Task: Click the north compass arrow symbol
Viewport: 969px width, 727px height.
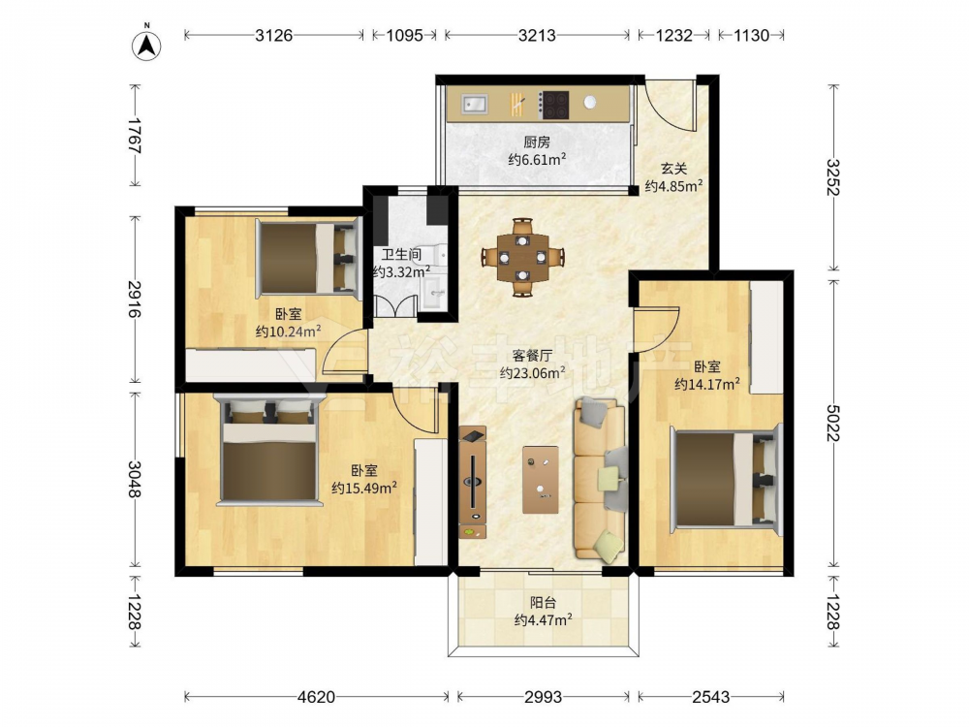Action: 147,45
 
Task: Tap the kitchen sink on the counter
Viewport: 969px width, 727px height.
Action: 475,104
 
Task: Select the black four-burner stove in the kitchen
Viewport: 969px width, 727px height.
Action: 554,105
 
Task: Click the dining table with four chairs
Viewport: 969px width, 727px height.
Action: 523,257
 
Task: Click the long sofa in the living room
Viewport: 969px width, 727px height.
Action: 600,481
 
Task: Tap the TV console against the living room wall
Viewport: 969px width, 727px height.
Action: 473,482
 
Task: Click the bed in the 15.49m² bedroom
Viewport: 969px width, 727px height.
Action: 268,450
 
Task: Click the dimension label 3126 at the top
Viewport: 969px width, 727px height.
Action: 274,35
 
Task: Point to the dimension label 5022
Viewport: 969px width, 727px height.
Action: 834,424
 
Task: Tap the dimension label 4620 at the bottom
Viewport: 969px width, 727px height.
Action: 316,697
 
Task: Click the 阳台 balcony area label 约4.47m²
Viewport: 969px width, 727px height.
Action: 543,619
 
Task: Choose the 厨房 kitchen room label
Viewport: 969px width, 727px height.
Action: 537,142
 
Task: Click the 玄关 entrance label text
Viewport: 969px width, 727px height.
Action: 673,169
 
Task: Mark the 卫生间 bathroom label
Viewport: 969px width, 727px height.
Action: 401,254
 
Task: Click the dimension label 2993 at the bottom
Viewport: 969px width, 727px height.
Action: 544,697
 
